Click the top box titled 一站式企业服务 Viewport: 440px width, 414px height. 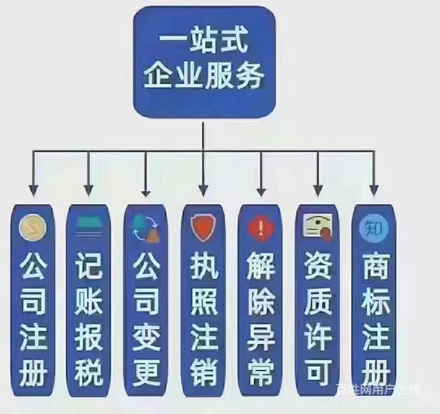(204, 62)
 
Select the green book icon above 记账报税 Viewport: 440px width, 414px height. (89, 222)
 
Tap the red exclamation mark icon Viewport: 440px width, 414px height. (261, 228)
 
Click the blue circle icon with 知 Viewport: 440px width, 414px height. (374, 228)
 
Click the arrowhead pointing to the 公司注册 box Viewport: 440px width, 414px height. (33, 190)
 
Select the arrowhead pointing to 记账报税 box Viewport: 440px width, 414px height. (89, 190)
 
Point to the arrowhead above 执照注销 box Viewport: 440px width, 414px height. (203, 190)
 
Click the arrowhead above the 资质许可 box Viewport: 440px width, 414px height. (318, 190)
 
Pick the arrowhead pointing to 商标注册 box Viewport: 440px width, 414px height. (374, 190)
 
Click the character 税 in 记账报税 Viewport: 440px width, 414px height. (89, 373)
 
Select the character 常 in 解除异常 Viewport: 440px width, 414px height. (261, 373)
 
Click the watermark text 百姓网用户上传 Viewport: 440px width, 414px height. (378, 390)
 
